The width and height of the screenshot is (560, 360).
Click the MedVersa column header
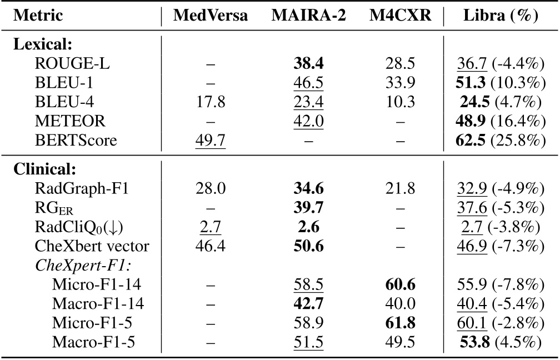click(x=211, y=16)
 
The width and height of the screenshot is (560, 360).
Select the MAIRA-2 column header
click(x=308, y=16)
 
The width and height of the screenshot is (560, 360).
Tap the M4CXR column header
click(x=400, y=16)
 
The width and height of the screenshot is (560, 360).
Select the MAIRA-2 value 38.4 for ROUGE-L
click(x=309, y=64)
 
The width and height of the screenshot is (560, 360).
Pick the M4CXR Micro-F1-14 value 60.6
click(x=400, y=285)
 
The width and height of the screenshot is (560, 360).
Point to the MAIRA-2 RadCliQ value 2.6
click(x=309, y=227)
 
